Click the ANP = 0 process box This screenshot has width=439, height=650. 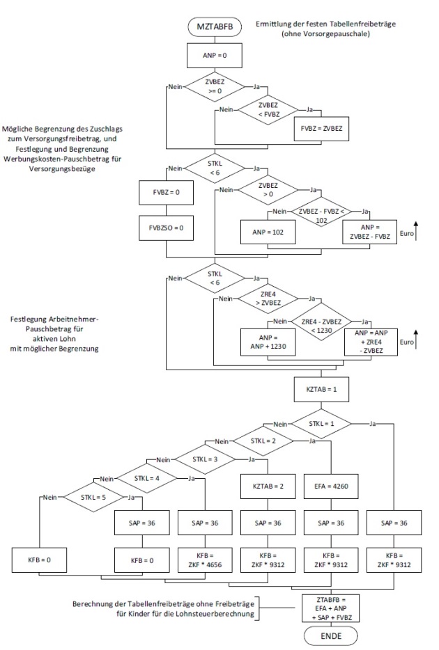click(x=213, y=56)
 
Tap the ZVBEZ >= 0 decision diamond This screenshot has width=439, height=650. click(x=213, y=88)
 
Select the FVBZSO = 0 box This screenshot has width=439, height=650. click(x=167, y=228)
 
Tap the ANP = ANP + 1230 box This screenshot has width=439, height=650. click(x=268, y=339)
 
